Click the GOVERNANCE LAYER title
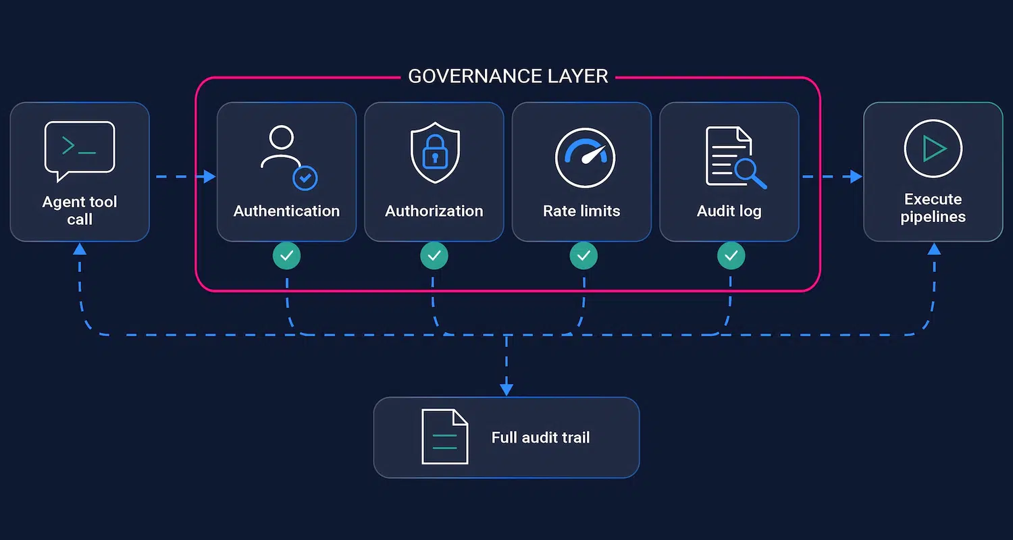point(508,76)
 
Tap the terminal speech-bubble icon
point(80,151)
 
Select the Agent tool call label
point(80,210)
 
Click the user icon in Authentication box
point(289,158)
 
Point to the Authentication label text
point(287,211)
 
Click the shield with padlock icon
point(435,153)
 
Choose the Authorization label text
point(434,211)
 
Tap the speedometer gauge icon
point(586,158)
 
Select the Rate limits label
point(581,211)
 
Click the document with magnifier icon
point(735,158)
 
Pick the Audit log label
point(729,211)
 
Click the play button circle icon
point(933,148)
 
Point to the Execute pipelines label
point(933,208)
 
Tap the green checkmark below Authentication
point(287,256)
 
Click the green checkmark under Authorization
point(434,256)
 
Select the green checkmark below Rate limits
point(583,256)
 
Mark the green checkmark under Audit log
point(731,256)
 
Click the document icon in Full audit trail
point(444,437)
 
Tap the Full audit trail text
point(540,437)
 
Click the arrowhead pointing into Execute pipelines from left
point(856,176)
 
